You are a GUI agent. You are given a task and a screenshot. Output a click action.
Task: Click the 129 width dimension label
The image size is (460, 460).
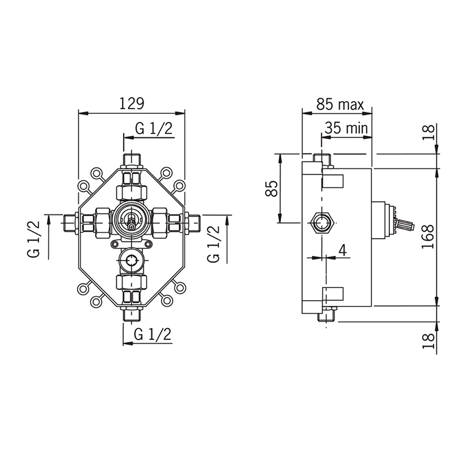[x=132, y=103]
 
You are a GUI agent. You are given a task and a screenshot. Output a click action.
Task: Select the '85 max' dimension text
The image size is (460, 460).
[x=340, y=105]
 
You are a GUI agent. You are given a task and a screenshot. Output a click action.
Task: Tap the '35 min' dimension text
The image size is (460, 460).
[x=346, y=128]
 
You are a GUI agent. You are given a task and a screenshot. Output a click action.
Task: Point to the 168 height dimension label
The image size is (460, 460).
[x=428, y=237]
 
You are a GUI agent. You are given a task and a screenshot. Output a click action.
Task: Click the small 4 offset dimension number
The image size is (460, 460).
[x=343, y=250]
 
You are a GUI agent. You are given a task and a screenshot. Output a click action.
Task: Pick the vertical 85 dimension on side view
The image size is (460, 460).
[x=271, y=189]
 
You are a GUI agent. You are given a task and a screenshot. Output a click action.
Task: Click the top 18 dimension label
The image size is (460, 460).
[x=428, y=132]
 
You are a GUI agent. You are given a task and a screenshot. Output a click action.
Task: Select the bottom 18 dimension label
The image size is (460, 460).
[x=428, y=340]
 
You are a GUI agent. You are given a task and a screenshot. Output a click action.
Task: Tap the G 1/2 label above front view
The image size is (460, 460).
[x=154, y=128]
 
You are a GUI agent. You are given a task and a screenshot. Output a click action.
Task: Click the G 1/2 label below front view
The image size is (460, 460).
[x=152, y=334]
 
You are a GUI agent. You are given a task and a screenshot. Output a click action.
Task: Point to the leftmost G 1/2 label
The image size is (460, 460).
[x=34, y=239]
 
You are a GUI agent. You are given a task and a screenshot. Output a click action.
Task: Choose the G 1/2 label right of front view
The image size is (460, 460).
[x=213, y=244]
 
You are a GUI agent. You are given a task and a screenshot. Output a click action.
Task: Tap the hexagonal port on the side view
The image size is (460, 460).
[x=323, y=223]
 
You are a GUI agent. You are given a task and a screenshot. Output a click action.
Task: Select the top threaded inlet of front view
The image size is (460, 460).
[x=132, y=160]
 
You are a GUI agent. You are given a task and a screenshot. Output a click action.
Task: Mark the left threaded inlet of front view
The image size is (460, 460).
[x=70, y=223]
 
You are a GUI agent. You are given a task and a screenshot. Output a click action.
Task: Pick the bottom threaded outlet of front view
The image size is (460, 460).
[x=132, y=315]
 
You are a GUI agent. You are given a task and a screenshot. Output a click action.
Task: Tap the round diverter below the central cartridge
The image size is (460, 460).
[x=131, y=260]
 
